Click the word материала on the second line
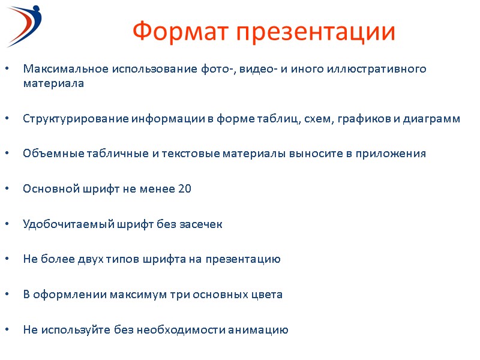click(53, 83)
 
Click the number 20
click(185, 189)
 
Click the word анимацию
click(260, 330)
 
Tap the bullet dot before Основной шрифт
click(7, 190)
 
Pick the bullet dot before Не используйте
click(7, 331)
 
